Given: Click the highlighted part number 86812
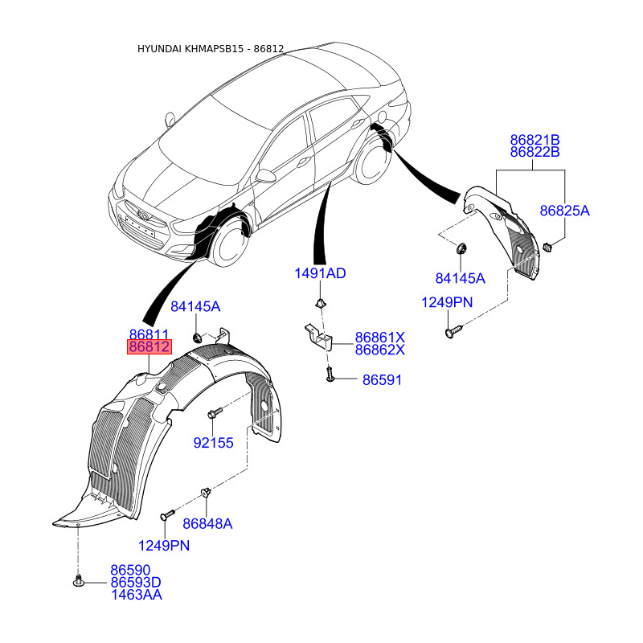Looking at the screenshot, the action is pos(149,347).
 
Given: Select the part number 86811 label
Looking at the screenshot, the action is pos(149,334).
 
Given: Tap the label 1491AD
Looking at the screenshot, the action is pos(320,273).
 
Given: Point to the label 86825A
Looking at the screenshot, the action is pos(565,211).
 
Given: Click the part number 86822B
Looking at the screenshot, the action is pos(534,152).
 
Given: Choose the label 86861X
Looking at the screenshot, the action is pos(379,338).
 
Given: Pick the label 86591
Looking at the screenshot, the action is pos(383,380).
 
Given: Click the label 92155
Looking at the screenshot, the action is pos(213,443).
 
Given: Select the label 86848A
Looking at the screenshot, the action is pos(207,524).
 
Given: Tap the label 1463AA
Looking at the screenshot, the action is pos(137,595).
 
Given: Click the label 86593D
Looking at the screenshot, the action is pos(136,582).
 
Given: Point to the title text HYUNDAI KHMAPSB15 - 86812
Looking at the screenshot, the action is pos(211,49).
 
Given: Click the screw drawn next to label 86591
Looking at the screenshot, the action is pos(330,374).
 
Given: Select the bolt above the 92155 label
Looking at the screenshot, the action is pos(215,412).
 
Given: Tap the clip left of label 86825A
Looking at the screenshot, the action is pos(547,247).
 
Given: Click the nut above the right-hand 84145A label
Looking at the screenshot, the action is pos(461,248).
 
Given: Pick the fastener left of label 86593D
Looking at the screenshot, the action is pos(78,580).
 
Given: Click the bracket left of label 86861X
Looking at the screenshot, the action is pos(318,336).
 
